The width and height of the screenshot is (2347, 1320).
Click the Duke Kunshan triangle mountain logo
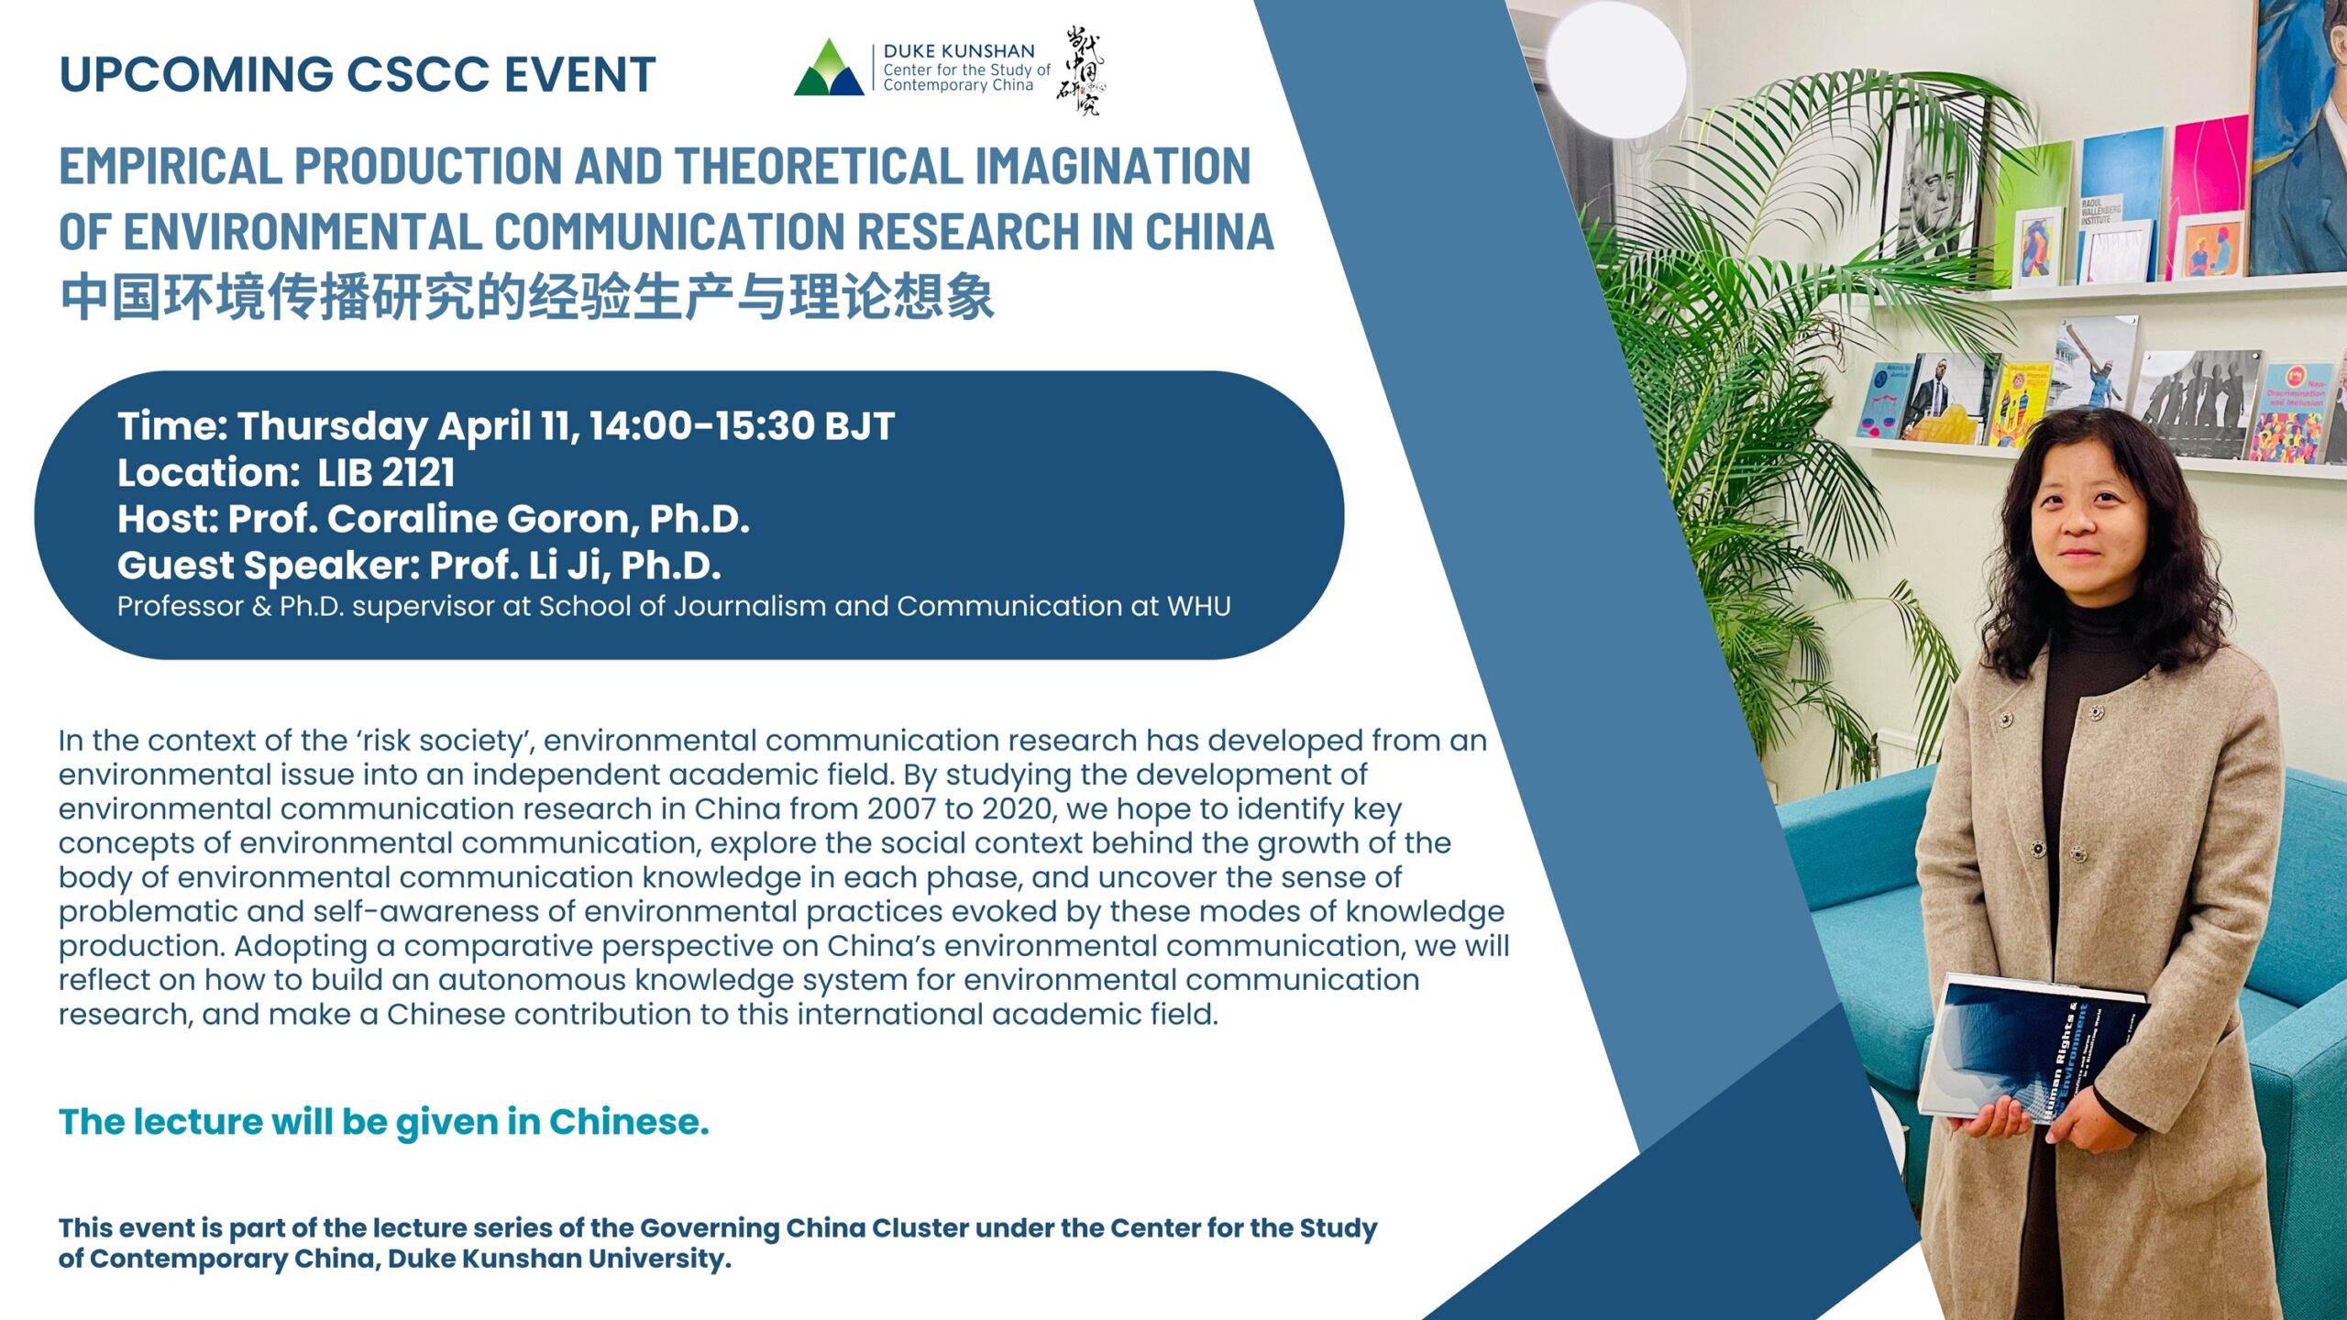point(829,67)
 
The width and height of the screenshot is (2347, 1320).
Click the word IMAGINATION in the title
point(1112,166)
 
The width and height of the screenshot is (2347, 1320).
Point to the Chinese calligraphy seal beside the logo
point(1081,71)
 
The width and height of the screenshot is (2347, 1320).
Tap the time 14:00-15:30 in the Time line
point(700,426)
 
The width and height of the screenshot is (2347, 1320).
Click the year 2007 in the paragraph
point(902,808)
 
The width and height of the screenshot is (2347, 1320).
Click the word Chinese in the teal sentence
point(629,1122)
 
